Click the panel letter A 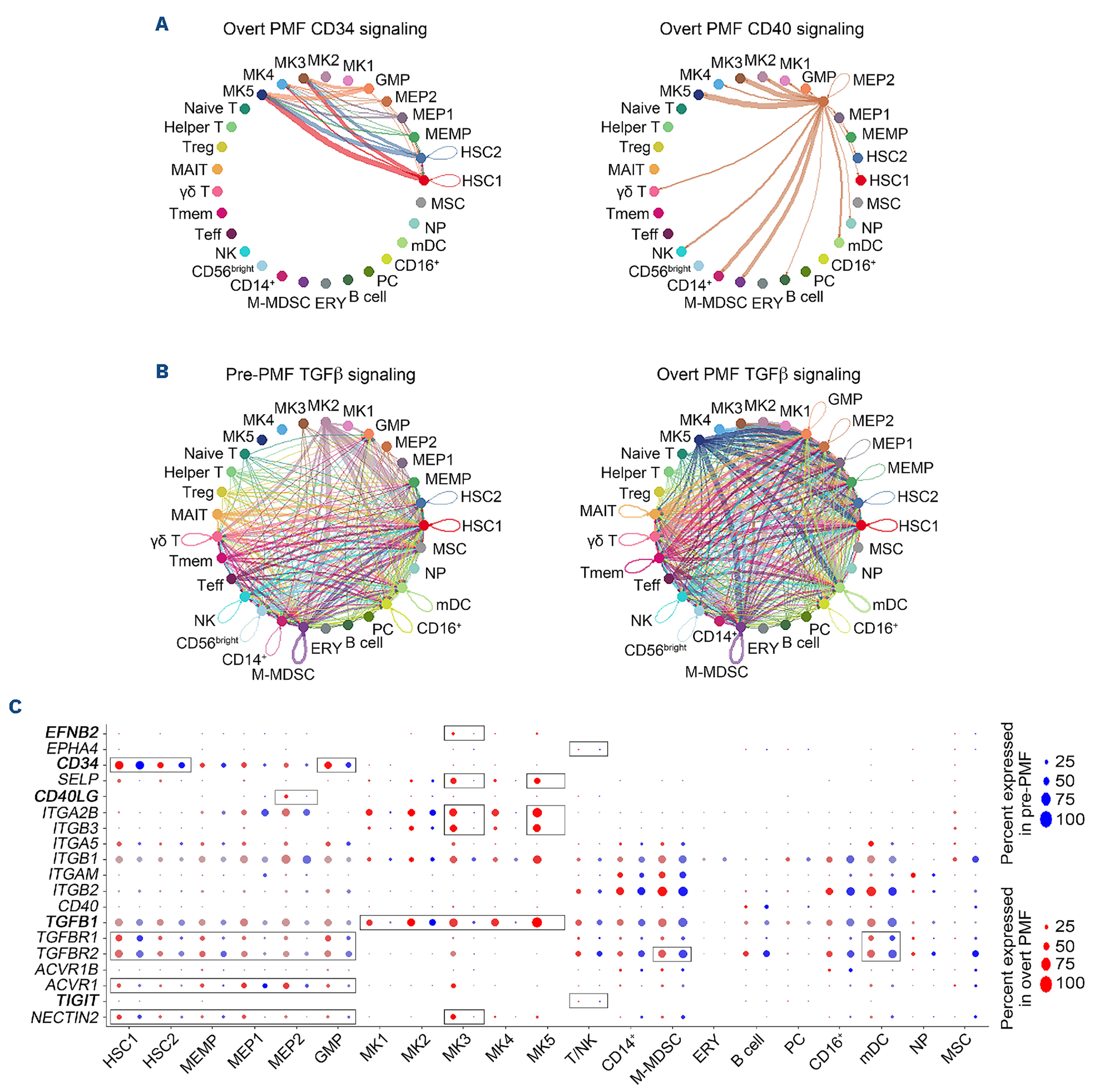162,24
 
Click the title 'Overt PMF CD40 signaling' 761,29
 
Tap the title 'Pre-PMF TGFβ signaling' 320,374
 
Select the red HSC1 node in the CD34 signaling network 424,180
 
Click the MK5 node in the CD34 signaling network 262,94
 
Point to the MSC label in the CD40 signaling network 883,203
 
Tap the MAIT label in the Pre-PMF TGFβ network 189,515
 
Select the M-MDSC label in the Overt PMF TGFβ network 716,672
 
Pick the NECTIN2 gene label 65,1018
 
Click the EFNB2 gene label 72,732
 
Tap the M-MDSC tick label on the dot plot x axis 656,1058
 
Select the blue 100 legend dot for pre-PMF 1045,819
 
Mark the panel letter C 15,707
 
